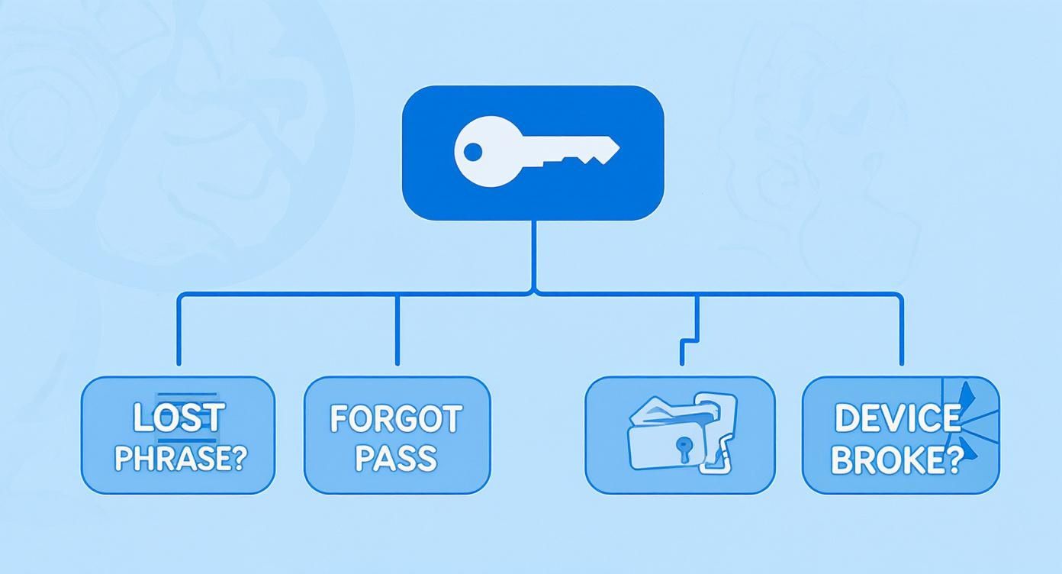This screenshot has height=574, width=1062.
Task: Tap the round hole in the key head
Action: [473, 152]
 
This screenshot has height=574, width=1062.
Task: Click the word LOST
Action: [179, 418]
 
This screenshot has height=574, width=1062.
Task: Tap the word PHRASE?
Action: [178, 458]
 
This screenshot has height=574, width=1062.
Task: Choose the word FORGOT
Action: [396, 419]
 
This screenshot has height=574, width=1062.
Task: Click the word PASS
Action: [396, 458]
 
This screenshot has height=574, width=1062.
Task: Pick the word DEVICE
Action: [897, 418]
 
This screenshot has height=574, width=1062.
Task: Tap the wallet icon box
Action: [680, 434]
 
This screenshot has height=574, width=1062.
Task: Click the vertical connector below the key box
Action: [533, 256]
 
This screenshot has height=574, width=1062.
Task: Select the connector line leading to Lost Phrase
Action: [179, 328]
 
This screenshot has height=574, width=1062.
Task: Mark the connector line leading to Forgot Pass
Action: [397, 328]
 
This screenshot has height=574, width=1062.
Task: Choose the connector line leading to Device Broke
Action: [901, 328]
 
